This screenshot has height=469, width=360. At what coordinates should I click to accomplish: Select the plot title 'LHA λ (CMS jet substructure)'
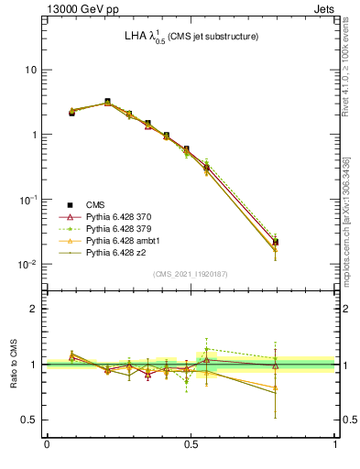pyautogui.click(x=191, y=36)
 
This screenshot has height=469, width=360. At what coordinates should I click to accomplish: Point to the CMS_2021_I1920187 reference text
pyautogui.click(x=191, y=274)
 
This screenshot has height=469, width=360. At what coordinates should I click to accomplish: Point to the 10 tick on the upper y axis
pyautogui.click(x=31, y=70)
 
